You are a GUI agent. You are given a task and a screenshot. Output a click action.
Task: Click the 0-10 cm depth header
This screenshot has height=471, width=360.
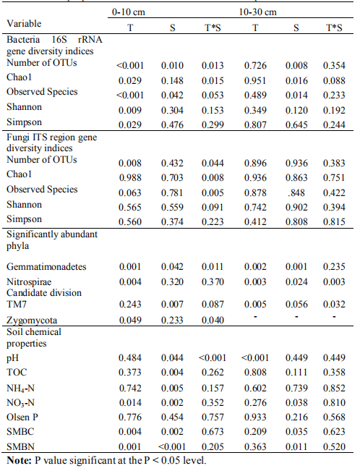point(129,12)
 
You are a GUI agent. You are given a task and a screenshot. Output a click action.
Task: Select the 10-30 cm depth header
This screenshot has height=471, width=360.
point(257,12)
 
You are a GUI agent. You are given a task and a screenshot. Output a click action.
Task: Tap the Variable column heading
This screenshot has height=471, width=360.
point(24,23)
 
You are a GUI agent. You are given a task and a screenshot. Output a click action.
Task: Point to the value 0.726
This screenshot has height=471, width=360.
point(255,66)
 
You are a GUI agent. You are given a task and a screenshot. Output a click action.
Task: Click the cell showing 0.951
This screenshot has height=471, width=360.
point(255,80)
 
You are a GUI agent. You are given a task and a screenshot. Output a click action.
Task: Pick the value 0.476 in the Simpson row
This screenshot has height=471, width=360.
point(172,124)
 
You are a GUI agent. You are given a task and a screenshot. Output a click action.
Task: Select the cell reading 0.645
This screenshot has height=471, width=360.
point(296,124)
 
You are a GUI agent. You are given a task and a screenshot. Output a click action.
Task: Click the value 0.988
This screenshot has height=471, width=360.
point(130,177)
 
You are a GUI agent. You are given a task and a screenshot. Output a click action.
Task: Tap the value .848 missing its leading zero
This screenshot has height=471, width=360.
point(296,192)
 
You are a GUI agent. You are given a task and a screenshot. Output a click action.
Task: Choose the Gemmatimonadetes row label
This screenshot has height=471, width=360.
point(46,267)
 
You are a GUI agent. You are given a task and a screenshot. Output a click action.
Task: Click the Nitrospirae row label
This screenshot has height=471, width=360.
point(29,281)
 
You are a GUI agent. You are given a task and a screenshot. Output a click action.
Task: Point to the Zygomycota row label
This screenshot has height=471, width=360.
point(32,321)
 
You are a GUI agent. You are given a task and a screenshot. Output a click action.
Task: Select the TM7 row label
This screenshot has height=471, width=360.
point(17,305)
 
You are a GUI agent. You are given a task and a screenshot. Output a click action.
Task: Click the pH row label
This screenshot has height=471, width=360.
point(12,357)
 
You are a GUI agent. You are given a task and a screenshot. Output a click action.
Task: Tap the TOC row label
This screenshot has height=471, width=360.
point(17,372)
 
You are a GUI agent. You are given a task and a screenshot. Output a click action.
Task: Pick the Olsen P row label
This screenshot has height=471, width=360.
point(22,417)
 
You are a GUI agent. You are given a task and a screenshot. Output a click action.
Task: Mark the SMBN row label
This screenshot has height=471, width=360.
point(20,446)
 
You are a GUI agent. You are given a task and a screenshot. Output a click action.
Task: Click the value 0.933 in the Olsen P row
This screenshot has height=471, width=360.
point(255,417)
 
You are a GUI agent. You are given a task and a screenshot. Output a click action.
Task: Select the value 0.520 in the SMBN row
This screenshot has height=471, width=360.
point(334,446)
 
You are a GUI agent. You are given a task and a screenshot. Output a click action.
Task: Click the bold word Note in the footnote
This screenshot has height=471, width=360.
point(19,460)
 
